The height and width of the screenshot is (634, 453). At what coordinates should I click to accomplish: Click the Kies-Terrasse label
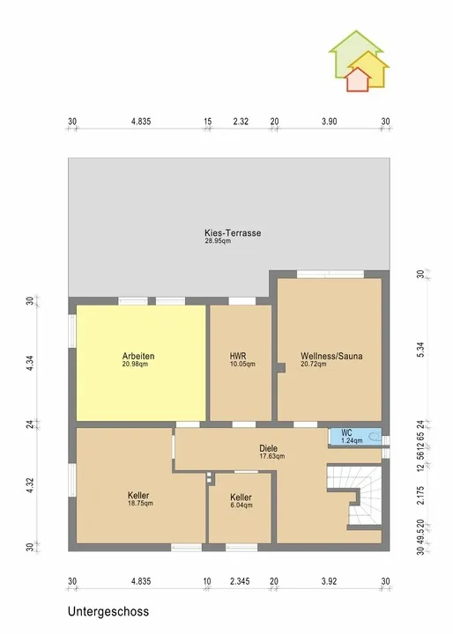click(233, 232)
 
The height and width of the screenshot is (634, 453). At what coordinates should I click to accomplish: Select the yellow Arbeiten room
click(141, 363)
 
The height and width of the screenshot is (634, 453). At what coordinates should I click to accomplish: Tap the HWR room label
click(238, 356)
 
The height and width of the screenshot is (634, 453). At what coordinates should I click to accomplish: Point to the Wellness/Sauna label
click(331, 356)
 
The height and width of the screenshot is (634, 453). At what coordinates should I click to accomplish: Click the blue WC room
click(355, 436)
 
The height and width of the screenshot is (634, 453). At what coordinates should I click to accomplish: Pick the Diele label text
click(269, 448)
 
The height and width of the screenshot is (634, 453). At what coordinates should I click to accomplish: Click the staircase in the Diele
click(354, 496)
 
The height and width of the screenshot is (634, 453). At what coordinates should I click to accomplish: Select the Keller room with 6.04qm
click(240, 508)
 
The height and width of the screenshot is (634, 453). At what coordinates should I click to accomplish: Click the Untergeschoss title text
click(108, 611)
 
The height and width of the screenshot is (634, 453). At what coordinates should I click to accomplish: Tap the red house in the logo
click(359, 79)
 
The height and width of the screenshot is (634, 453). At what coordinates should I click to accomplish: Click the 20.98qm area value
click(135, 364)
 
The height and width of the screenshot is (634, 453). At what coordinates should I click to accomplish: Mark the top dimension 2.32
click(241, 122)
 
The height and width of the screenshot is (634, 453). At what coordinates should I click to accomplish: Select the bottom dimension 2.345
click(240, 581)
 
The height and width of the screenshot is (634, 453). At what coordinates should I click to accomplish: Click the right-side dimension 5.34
click(420, 350)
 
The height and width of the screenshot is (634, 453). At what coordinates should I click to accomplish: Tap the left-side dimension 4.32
click(30, 485)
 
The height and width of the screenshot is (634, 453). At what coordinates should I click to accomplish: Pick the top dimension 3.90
click(329, 122)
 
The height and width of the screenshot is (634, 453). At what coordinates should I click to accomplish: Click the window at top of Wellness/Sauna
click(330, 274)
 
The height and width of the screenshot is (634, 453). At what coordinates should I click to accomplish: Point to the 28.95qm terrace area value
click(218, 241)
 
